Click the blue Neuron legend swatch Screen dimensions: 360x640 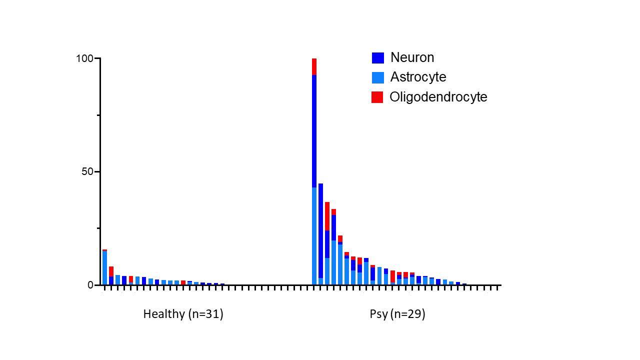coord(377,58)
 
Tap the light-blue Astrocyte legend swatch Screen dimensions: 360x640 coord(377,77)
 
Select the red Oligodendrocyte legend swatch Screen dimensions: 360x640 coord(377,97)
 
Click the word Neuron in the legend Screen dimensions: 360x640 coord(412,57)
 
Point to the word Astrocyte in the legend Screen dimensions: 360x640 coord(418,77)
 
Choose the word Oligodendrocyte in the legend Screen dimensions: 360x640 coord(438,96)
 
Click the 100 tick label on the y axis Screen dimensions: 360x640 coord(84,59)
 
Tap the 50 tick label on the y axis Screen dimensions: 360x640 coord(87,172)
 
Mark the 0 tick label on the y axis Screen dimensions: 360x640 coord(90,285)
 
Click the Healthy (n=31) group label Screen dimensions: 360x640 coord(183,314)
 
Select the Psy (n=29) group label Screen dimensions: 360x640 coord(397,314)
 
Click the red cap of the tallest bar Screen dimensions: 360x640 coord(314,66)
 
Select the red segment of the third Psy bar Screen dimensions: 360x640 coord(327,216)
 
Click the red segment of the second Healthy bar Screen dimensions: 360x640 coord(111,271)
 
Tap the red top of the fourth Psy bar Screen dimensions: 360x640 coord(333,212)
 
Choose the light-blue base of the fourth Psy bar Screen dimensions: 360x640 coord(333,262)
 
